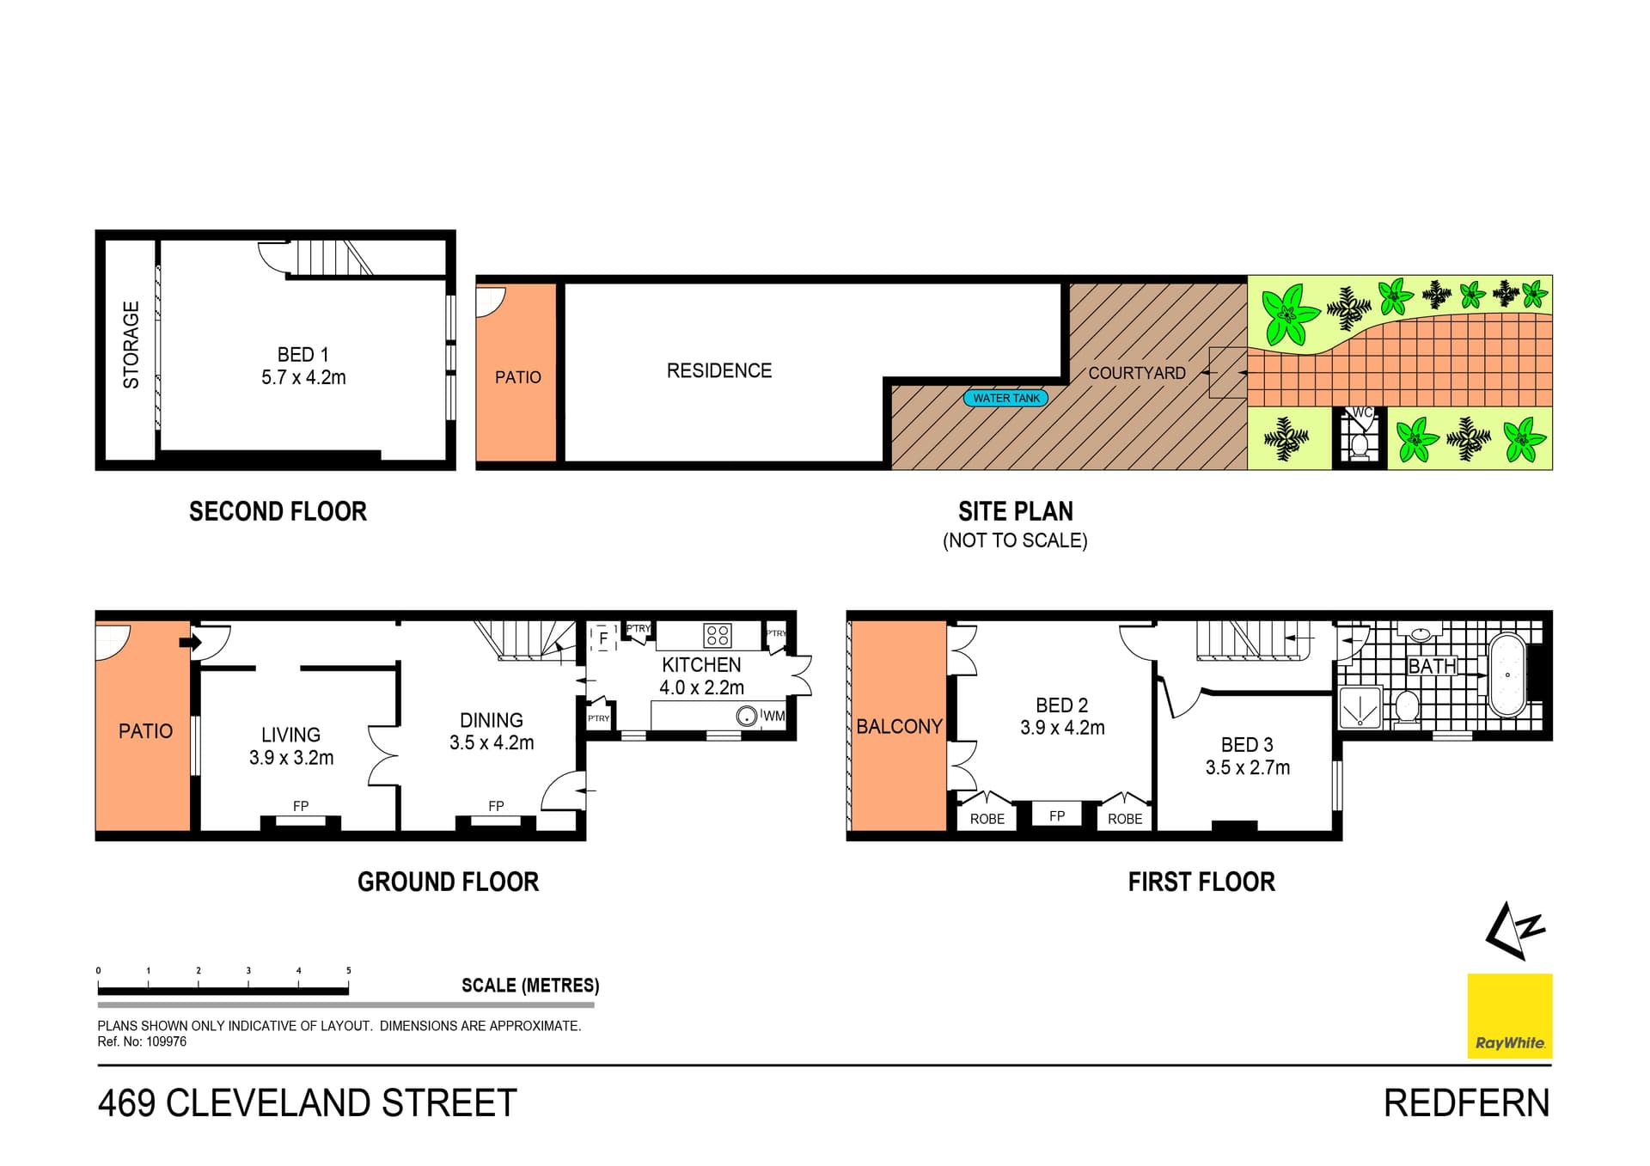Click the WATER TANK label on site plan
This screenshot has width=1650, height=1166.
coord(1005,398)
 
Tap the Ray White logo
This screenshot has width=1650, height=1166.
coord(1509,1016)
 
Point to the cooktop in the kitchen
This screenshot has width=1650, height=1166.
coord(717,635)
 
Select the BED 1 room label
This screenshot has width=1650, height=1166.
coord(302,355)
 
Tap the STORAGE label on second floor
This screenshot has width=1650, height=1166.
coord(131,345)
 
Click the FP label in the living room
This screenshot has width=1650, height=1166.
coord(300,806)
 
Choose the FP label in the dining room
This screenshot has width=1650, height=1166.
coord(496,806)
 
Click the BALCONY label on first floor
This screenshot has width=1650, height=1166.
coord(899,727)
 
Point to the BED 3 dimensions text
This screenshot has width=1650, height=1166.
coord(1247,767)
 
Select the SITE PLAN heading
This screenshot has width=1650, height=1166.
coord(1015,512)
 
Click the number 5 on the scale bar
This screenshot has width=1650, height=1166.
coord(348,971)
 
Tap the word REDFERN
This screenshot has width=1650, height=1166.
coord(1466,1103)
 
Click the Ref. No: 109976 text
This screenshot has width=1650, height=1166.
coord(142,1041)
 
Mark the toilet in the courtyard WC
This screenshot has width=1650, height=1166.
coord(1360,444)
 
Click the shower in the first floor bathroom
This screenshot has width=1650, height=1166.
coord(1360,708)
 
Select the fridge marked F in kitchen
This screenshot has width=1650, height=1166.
coord(603,638)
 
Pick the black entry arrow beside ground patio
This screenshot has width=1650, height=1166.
coord(186,642)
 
